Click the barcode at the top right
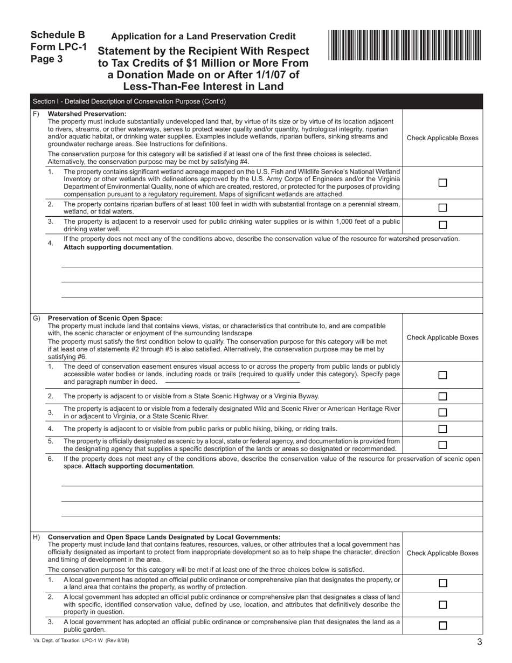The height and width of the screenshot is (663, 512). pos(404,45)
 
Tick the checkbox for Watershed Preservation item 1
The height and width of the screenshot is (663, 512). pos(442,183)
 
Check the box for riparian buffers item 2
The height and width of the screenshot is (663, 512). pos(442,208)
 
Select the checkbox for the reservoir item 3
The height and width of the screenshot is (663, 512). pos(442,225)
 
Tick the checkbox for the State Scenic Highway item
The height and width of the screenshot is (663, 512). pos(442,396)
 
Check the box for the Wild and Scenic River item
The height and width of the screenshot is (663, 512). pos(442,412)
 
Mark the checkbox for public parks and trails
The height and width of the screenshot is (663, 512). pos(442,429)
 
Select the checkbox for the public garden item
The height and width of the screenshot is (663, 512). pos(442,626)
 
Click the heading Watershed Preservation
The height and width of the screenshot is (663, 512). pos(87,114)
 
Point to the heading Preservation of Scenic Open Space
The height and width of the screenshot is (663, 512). pos(105,318)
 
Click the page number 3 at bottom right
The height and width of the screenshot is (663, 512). pos(479,641)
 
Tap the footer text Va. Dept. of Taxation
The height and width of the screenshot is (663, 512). pos(81,640)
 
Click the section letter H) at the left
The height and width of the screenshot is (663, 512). pos(37,537)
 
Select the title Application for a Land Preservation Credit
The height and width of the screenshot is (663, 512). pos(203,36)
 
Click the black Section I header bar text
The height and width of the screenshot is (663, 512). pos(129,101)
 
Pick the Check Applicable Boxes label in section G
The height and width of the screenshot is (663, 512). pos(442,337)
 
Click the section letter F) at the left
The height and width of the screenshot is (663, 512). pos(36,114)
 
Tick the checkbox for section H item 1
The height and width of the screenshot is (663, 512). pos(442,583)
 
